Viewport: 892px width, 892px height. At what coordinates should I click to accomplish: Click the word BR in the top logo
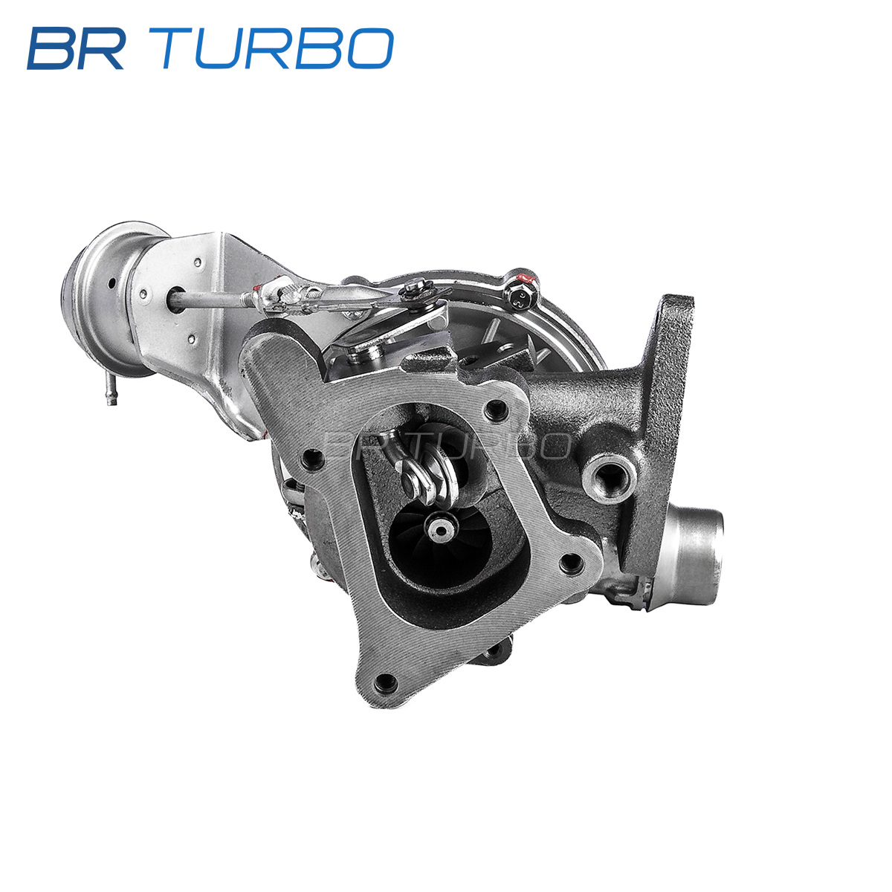(77, 48)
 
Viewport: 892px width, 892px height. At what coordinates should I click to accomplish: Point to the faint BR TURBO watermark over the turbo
(447, 445)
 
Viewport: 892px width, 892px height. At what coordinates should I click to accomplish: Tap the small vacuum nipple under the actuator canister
(111, 390)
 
